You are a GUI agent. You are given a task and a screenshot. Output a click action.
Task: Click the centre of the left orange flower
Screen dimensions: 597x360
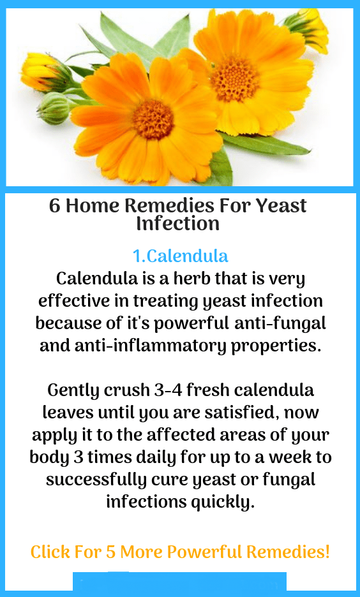[x=153, y=119]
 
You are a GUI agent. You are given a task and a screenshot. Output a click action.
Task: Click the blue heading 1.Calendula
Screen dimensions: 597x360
[x=180, y=256]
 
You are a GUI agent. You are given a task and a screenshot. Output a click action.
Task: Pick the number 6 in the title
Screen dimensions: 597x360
[x=55, y=206]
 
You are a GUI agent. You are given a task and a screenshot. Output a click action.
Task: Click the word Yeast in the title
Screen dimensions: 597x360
[x=281, y=206]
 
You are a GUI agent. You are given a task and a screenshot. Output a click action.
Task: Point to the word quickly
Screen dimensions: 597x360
[x=223, y=501]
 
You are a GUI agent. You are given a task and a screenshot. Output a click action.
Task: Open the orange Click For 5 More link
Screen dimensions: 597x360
[x=180, y=551]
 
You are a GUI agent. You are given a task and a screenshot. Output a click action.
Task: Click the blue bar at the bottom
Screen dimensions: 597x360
[x=179, y=582]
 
